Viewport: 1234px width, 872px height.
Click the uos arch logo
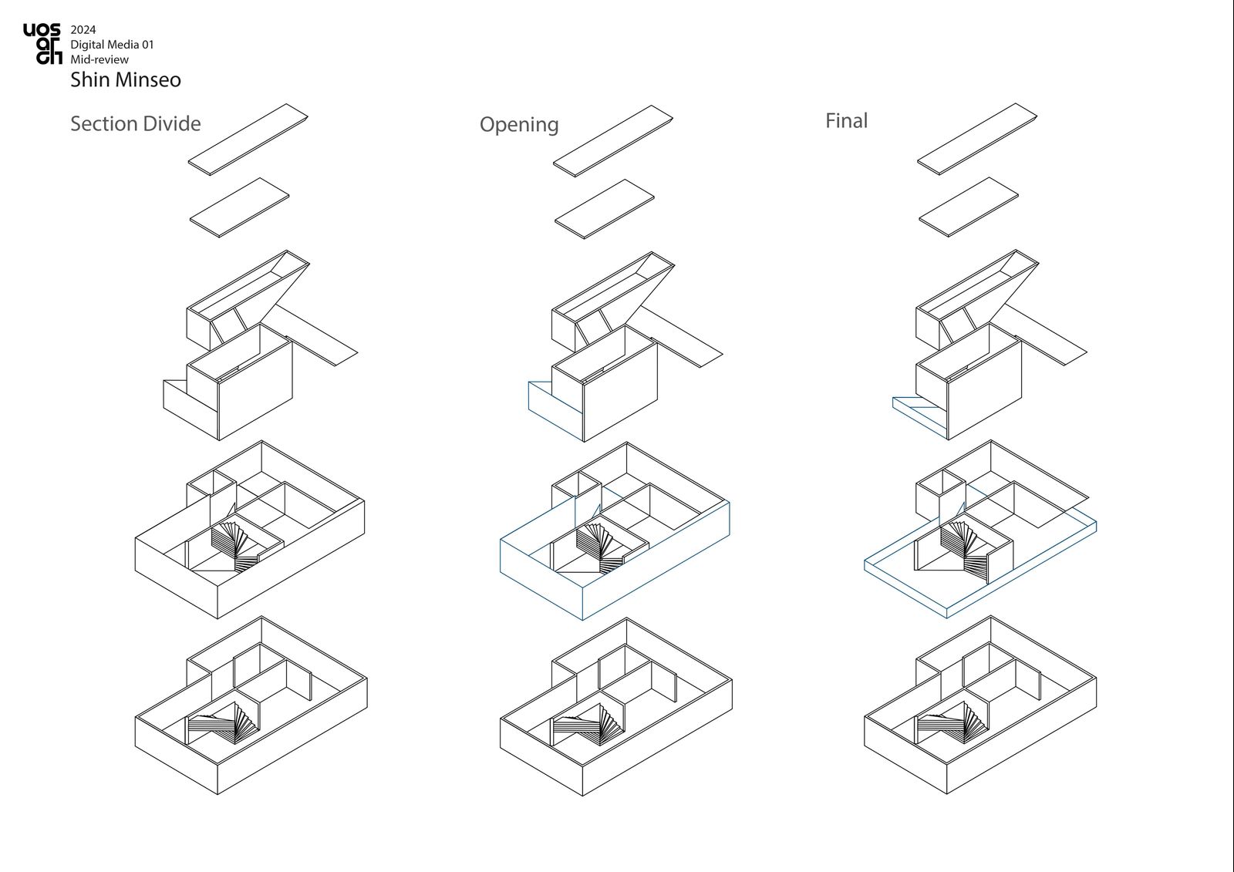tap(42, 43)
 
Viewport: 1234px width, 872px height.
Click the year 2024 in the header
tap(83, 30)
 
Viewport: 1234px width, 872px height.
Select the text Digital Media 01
tap(112, 45)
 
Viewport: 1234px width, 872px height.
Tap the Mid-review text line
tap(99, 59)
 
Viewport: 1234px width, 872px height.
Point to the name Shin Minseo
tap(126, 80)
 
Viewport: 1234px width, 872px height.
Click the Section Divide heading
tap(136, 123)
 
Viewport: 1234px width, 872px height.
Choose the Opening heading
tap(519, 124)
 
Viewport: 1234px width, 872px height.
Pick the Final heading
tap(846, 120)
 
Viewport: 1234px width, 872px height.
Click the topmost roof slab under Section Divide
tap(248, 140)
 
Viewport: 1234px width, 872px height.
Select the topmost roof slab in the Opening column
tap(613, 141)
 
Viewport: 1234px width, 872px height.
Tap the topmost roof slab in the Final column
tap(977, 140)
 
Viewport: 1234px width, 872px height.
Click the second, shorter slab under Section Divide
tap(240, 207)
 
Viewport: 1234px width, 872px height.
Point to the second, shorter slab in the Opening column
tap(605, 209)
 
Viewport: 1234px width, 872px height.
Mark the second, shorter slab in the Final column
tap(969, 207)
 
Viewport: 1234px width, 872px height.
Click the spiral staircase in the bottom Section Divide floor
tap(223, 722)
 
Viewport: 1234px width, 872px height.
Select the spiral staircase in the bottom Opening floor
tap(588, 725)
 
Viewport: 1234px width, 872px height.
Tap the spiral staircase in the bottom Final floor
tap(952, 722)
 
